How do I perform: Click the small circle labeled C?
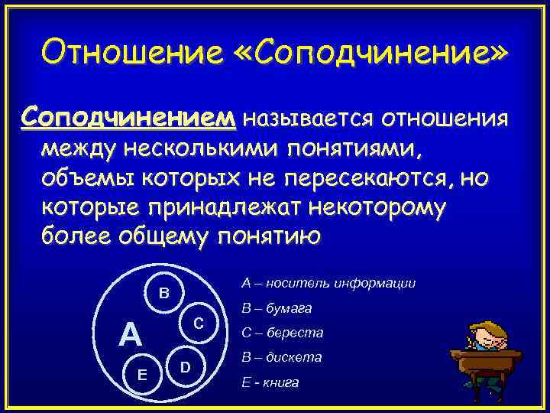pos(197,323)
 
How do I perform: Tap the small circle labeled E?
pos(143,373)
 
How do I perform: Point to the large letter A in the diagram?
pos(131,334)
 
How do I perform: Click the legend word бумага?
pos(286,308)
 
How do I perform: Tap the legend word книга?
pos(280,382)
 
